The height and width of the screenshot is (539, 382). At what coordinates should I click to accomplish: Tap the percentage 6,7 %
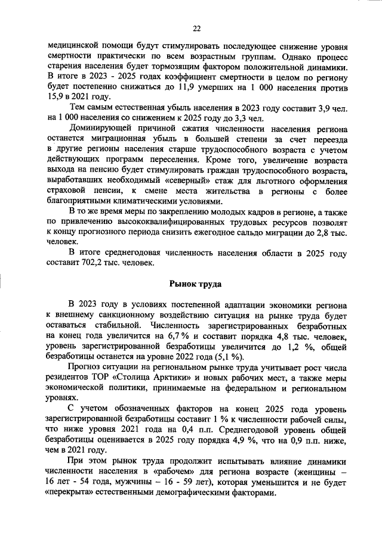[171, 337]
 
